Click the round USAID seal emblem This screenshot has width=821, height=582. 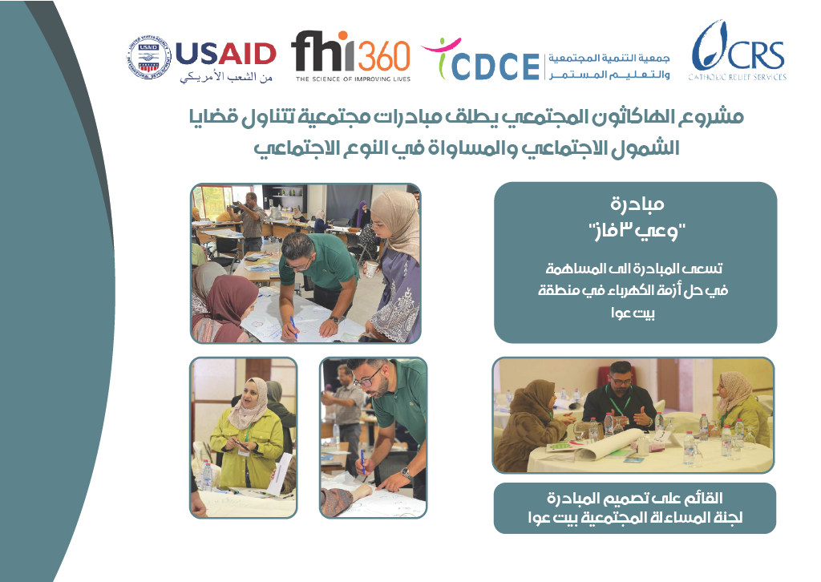pos(148,59)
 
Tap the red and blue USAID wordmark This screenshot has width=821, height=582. pos(225,54)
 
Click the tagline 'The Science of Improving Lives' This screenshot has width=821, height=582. pos(353,79)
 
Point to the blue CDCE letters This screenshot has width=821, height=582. pos(495,67)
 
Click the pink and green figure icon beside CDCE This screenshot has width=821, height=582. pos(441,55)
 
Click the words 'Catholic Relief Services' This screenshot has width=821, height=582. pos(738,77)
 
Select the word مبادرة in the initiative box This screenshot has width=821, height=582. pos(637,204)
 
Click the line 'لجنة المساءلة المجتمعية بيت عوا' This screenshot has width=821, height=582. pos(635,518)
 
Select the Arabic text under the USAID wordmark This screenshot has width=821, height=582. pos(226,76)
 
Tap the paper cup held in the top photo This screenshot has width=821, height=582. pos(371,269)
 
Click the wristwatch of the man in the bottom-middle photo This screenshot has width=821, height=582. pos(405,474)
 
